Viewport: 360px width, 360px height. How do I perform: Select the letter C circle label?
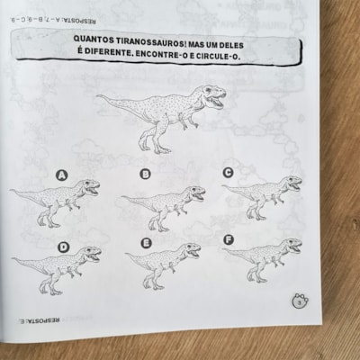point(228,172)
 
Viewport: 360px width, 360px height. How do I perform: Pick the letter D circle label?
point(63,246)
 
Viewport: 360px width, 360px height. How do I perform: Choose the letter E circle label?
point(146,244)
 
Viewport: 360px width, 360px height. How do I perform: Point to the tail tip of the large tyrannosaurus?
point(99,96)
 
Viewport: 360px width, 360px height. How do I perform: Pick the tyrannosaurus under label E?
point(165,265)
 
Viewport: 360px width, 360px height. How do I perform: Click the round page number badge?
point(299,303)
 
